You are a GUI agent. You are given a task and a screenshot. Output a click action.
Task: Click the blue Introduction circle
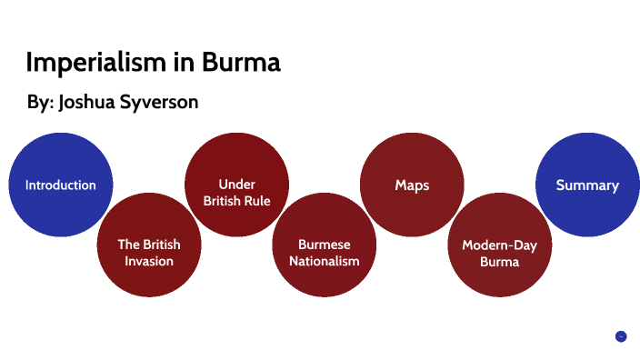tap(61, 185)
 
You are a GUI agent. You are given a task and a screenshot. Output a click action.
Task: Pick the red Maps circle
tap(412, 185)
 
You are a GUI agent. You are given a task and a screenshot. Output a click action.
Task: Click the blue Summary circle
tap(587, 185)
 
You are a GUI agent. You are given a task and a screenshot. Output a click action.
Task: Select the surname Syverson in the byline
tap(162, 103)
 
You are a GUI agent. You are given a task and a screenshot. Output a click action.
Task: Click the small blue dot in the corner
tap(621, 336)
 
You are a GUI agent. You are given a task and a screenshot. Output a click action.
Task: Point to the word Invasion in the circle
tap(149, 261)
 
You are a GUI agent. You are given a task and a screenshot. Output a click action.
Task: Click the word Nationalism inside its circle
tap(325, 261)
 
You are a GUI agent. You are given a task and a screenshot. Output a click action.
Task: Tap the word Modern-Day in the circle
tap(499, 245)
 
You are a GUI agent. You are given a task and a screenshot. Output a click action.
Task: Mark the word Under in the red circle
tap(236, 184)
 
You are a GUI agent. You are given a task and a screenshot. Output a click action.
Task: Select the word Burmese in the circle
tap(325, 245)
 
